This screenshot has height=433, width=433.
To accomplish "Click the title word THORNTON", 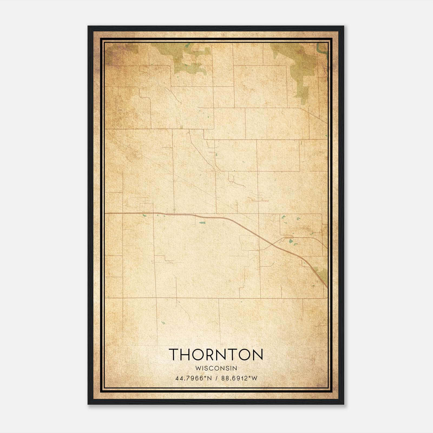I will pos(216,355).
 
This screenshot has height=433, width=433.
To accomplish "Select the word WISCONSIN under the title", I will pos(216,368).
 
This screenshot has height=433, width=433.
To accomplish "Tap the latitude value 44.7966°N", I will pos(189,378).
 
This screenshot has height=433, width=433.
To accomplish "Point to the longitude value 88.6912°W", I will pos(239,378).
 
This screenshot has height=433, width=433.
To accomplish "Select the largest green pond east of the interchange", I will pos(291,241).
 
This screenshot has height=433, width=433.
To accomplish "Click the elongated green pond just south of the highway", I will pos(202,223).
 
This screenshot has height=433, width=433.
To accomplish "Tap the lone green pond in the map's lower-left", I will pos(163,323).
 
